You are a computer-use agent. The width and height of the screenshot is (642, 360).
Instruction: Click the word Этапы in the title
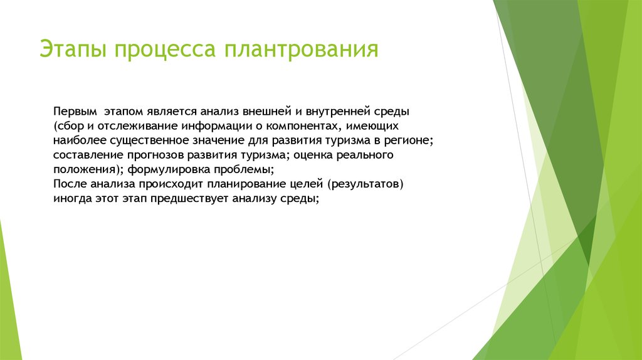coord(73,50)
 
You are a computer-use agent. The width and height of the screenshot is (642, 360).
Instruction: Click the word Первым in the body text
coord(75,112)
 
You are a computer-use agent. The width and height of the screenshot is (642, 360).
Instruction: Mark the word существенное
coord(149,140)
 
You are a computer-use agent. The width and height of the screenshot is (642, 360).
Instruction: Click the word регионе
coord(407,141)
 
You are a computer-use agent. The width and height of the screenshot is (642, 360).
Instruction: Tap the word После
coord(70,184)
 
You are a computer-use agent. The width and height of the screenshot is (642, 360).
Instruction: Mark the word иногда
coord(73,199)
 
